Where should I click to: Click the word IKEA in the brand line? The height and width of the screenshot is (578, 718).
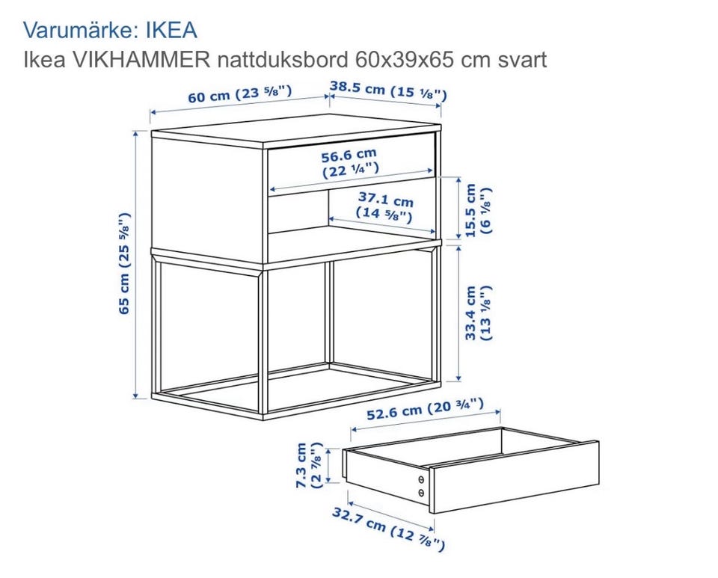pyautogui.click(x=171, y=30)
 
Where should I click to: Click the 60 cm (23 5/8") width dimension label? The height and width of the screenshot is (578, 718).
pyautogui.click(x=239, y=94)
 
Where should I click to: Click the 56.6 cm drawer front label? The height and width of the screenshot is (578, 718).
pyautogui.click(x=350, y=163)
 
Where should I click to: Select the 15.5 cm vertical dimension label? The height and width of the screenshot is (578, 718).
pyautogui.click(x=478, y=211)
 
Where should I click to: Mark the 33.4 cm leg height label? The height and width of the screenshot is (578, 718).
pyautogui.click(x=478, y=313)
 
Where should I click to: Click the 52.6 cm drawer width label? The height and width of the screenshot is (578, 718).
pyautogui.click(x=425, y=409)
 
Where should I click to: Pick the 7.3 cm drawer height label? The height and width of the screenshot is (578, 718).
pyautogui.click(x=310, y=465)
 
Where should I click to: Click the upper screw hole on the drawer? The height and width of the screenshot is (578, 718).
pyautogui.click(x=421, y=479)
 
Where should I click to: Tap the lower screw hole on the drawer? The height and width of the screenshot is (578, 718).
pyautogui.click(x=421, y=494)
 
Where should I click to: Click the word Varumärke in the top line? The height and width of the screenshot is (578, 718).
pyautogui.click(x=78, y=30)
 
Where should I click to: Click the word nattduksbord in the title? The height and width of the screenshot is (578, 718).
pyautogui.click(x=283, y=60)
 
